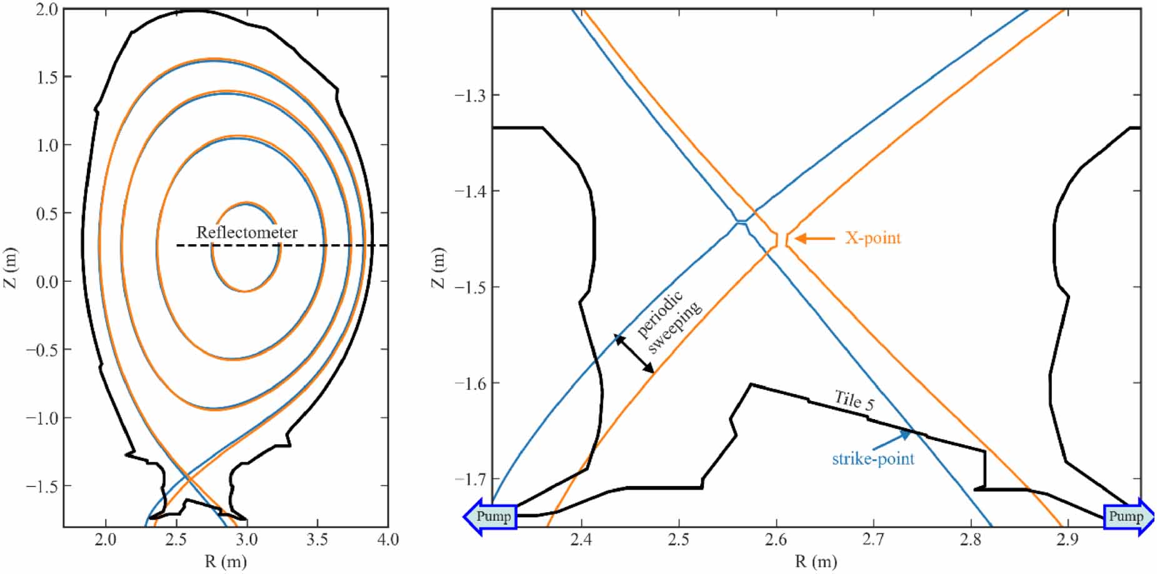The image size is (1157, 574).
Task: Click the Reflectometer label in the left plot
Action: coord(247,232)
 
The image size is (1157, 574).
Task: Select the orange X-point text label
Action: coord(873,238)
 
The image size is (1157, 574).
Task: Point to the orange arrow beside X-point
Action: coord(815,238)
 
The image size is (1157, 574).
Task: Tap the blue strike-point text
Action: coord(873,459)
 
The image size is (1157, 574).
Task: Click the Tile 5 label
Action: coord(854,400)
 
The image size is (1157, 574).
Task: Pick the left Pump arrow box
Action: coord(492,517)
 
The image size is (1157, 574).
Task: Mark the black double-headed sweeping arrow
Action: coord(634,354)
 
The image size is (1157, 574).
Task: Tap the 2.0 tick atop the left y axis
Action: coord(47,9)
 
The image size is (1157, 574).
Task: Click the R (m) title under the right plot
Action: coord(815,562)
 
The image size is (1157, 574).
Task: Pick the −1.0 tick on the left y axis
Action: coord(43,418)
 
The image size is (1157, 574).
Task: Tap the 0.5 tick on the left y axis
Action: coord(47,214)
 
